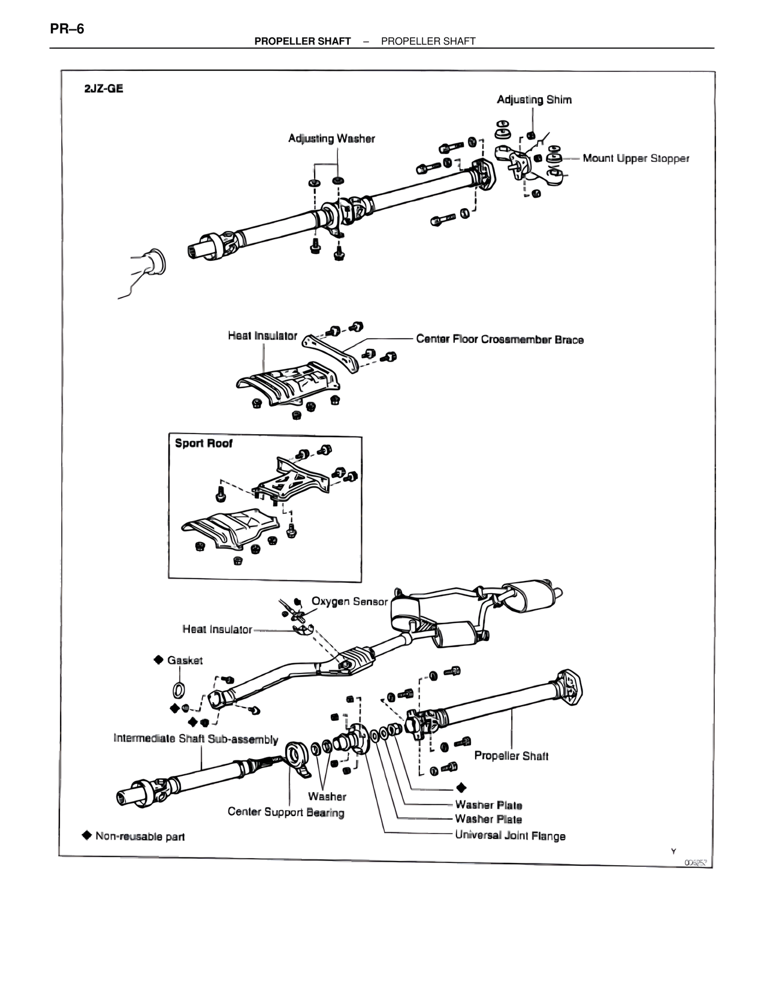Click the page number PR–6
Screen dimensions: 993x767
coord(67,28)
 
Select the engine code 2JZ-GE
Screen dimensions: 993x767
coord(104,88)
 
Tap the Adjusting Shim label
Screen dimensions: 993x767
coord(534,100)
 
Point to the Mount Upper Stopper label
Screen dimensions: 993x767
coord(636,158)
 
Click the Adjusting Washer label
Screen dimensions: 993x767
coord(331,139)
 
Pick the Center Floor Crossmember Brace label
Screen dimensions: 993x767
coord(500,339)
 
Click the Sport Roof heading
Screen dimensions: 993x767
coord(203,444)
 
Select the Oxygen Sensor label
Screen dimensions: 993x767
coord(349,601)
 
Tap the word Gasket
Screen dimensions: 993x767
coord(185,660)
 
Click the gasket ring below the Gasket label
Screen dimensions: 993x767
coord(179,687)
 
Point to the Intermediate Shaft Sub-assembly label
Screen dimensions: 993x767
coord(196,739)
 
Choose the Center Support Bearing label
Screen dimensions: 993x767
coord(286,813)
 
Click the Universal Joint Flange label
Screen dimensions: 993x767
coord(510,835)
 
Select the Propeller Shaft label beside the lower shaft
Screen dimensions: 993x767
coord(511,756)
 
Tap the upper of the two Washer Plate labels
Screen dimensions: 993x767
coord(488,805)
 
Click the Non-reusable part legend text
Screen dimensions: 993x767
coord(140,836)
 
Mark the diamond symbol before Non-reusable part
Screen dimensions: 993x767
coord(87,835)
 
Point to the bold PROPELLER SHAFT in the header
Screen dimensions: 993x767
coord(302,41)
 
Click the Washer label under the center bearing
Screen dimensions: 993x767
coord(327,796)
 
